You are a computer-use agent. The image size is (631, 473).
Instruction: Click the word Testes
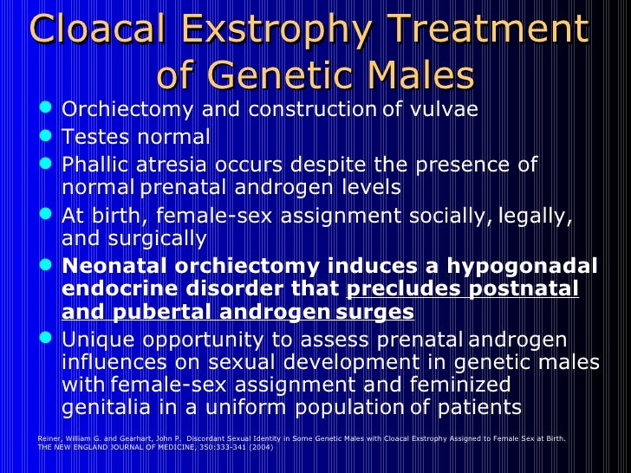tap(100, 137)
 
